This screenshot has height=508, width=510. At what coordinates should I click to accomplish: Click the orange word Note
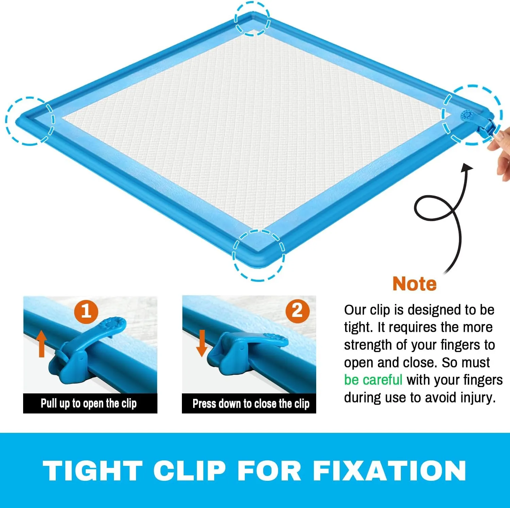[414, 284]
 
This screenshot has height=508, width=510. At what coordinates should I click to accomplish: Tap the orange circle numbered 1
[86, 311]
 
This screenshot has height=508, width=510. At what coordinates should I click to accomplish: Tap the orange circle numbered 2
[297, 310]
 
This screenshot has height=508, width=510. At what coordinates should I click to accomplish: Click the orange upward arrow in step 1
[41, 343]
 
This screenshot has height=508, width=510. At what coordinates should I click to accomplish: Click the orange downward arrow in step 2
[202, 343]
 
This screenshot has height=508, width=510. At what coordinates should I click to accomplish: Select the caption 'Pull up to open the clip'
[89, 404]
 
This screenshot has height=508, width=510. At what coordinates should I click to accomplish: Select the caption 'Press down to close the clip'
[251, 404]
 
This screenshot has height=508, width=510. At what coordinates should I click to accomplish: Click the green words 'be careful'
[373, 379]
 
